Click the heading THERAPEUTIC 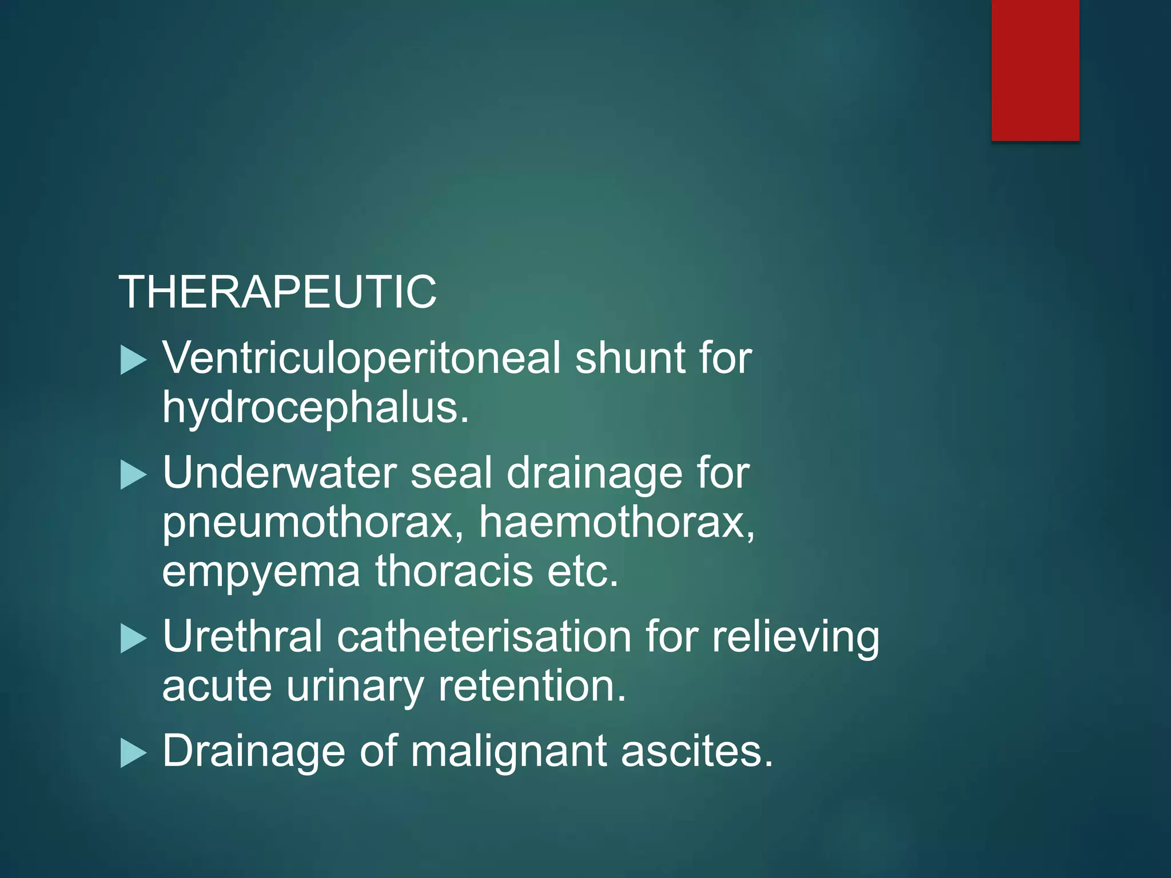point(277,292)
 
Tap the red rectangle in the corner point(1035,70)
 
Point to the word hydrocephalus point(314,408)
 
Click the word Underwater point(280,473)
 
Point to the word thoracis point(454,572)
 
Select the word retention point(532,686)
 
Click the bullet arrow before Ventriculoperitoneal point(134,361)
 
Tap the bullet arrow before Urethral point(134,638)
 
